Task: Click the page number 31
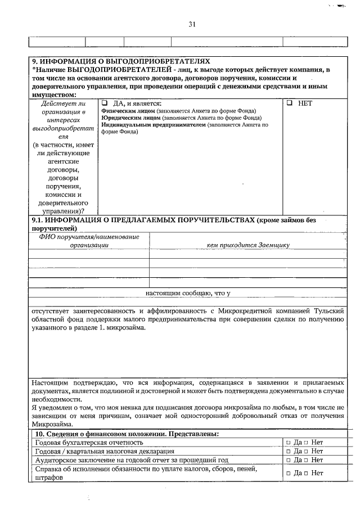192,24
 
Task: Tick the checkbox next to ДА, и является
105,103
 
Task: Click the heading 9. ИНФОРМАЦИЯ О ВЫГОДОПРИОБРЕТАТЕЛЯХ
120,61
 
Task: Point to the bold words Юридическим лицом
131,119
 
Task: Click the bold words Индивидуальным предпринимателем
153,126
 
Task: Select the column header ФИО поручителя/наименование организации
89,241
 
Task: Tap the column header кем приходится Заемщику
247,245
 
